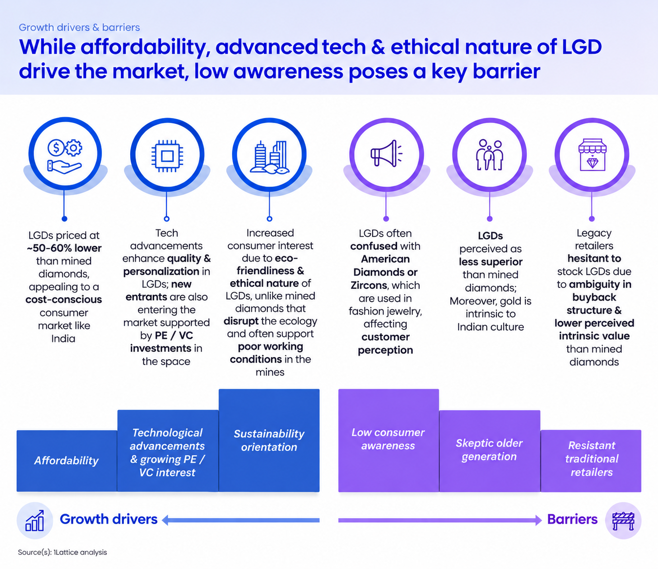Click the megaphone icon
click(x=386, y=154)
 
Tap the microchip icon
click(x=167, y=156)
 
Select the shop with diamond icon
click(x=592, y=155)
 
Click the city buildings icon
click(x=269, y=157)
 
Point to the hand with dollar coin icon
click(x=65, y=156)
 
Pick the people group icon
click(x=490, y=155)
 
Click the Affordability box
click(x=66, y=461)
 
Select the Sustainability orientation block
click(x=269, y=440)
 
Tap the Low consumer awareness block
click(x=388, y=440)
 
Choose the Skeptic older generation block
click(x=490, y=451)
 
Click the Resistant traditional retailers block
click(x=591, y=461)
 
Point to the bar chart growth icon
click(x=35, y=520)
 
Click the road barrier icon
click(x=623, y=521)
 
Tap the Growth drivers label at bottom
click(x=109, y=519)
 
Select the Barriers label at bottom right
click(x=572, y=519)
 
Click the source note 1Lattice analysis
click(x=62, y=552)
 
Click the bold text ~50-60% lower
click(x=64, y=248)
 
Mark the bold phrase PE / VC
click(x=174, y=336)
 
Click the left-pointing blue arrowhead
click(x=165, y=520)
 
